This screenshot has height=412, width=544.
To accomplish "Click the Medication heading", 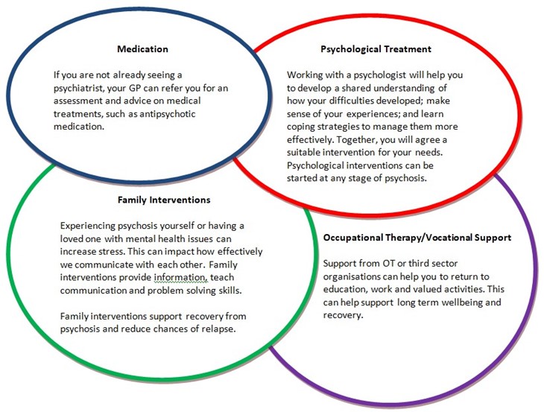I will coord(142,50).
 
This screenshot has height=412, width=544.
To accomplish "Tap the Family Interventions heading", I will coord(164,200).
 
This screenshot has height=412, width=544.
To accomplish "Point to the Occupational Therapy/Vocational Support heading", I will coord(417,238).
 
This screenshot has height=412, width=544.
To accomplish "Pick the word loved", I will coord(73,242).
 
